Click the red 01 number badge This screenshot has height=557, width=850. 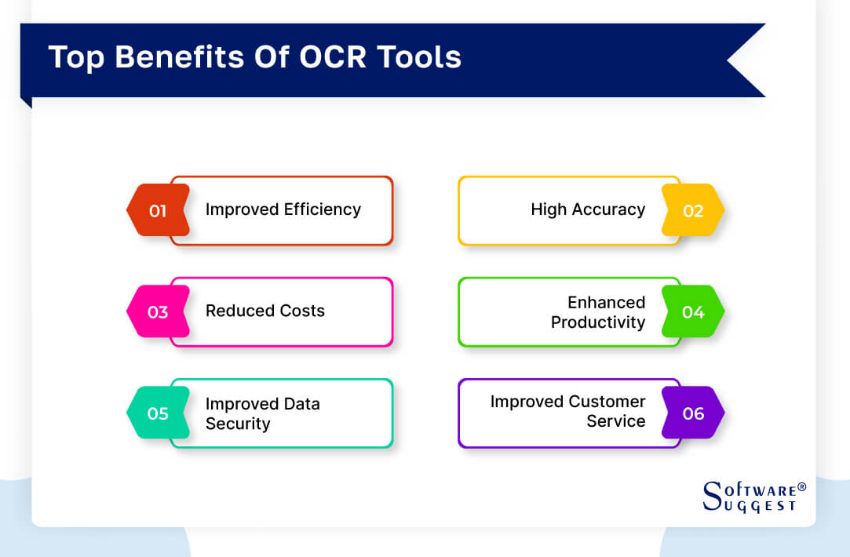158,210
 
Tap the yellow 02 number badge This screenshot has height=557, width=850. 692,210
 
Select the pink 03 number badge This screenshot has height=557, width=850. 158,311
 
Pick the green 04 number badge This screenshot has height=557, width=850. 692,311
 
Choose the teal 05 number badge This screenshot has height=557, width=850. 158,413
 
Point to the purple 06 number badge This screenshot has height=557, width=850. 692,413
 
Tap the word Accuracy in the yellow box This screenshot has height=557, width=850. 608,209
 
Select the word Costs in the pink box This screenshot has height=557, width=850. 302,311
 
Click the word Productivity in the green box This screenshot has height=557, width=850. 598,322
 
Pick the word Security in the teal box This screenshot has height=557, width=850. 238,424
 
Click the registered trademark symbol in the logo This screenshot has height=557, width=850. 801,487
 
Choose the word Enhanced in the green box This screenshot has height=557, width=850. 607,302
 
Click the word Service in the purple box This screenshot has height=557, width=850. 616,421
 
